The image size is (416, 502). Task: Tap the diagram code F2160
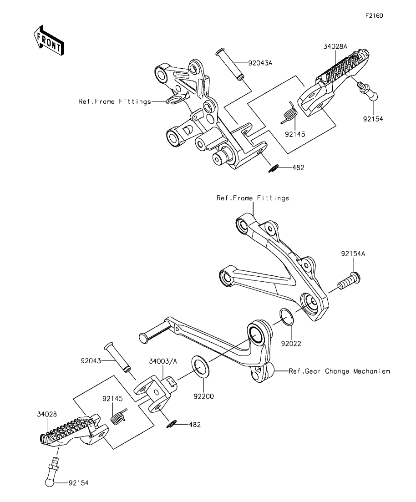point(374,16)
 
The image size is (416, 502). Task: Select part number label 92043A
point(260,63)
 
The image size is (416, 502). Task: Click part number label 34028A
point(335,46)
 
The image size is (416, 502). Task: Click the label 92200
point(203,396)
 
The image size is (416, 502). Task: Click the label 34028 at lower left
point(47,414)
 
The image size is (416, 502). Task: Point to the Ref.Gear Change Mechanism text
point(340,371)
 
